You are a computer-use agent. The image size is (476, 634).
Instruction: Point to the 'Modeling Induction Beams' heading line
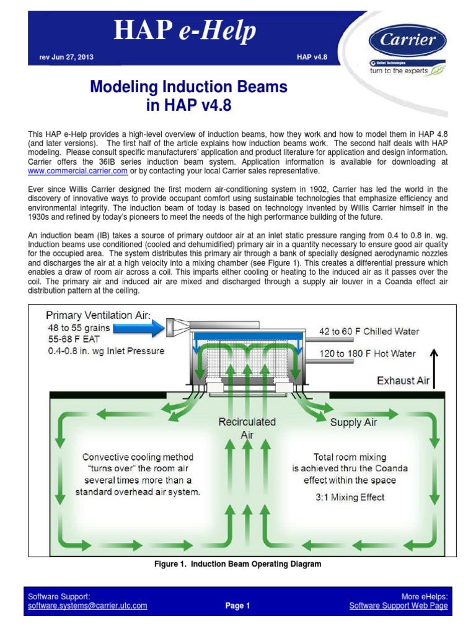click(189, 87)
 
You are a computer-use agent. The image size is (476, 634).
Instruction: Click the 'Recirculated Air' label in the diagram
click(247, 427)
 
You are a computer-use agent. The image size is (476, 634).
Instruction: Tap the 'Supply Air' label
click(355, 422)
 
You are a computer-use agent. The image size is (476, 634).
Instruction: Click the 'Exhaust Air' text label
click(403, 381)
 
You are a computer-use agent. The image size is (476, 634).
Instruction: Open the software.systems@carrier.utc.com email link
click(87, 606)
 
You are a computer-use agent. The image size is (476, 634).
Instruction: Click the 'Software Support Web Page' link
click(398, 606)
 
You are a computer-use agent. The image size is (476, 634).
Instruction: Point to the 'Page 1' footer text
click(238, 606)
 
